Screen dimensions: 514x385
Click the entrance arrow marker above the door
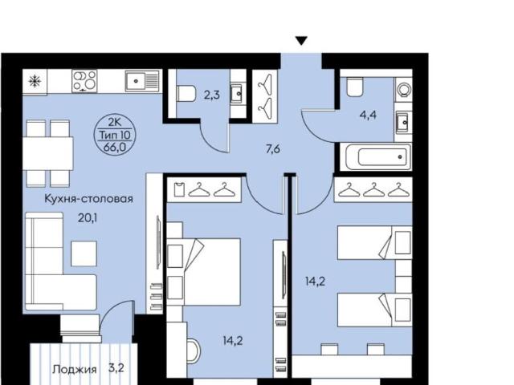click(301, 41)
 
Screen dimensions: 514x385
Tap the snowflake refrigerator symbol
click(35, 81)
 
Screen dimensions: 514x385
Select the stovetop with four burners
click(84, 81)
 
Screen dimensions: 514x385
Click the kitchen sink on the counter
click(143, 80)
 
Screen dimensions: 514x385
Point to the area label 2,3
click(212, 95)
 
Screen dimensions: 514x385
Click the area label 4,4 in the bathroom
click(368, 115)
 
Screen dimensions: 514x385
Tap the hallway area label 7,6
click(273, 149)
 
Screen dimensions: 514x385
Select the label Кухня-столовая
click(88, 199)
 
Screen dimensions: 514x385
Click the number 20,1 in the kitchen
click(88, 218)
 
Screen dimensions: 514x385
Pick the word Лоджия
click(75, 370)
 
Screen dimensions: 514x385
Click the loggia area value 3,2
click(116, 368)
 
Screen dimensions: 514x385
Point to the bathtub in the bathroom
click(376, 157)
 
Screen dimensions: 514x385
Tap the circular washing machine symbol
click(403, 89)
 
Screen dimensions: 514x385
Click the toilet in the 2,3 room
click(186, 94)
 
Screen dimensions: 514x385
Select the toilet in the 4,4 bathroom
click(355, 87)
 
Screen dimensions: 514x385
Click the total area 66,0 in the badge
click(114, 148)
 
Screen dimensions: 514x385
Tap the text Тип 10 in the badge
click(115, 135)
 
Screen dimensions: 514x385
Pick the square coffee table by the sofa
click(84, 253)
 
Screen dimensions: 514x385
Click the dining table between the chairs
click(48, 153)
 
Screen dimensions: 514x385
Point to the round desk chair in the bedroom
click(194, 350)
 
